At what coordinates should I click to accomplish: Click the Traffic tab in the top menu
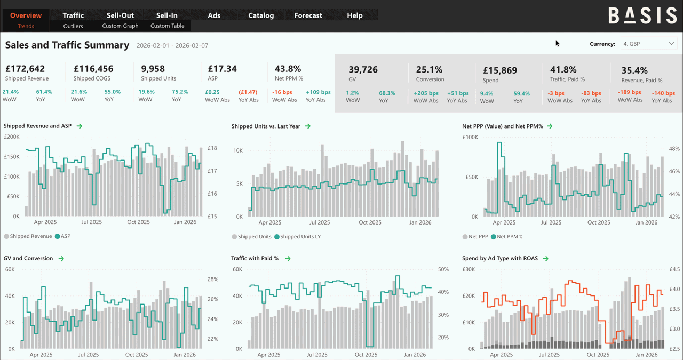[x=73, y=15]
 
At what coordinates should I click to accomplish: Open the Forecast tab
[x=308, y=15]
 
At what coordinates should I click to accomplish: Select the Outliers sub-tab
[x=73, y=26]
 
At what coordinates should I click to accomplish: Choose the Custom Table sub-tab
[x=167, y=26]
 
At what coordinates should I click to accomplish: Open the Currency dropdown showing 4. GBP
[x=648, y=44]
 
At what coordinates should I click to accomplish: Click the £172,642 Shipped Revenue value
[x=25, y=69]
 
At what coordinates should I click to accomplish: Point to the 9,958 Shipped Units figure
[x=153, y=69]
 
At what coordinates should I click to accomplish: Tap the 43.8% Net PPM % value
[x=288, y=69]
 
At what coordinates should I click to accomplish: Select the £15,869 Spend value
[x=499, y=70]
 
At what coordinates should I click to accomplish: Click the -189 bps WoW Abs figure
[x=630, y=92]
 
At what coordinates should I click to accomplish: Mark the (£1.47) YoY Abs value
[x=248, y=92]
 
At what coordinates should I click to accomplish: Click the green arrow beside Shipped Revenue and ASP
[x=80, y=126]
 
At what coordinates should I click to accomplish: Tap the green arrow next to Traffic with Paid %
[x=288, y=259]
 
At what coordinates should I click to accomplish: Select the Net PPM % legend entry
[x=509, y=237]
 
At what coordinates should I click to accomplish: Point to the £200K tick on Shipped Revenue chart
[x=12, y=137]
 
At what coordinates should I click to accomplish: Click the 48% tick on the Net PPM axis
[x=674, y=149]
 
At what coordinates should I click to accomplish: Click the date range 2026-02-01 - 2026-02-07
[x=172, y=46]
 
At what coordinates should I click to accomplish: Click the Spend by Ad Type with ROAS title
[x=501, y=259]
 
